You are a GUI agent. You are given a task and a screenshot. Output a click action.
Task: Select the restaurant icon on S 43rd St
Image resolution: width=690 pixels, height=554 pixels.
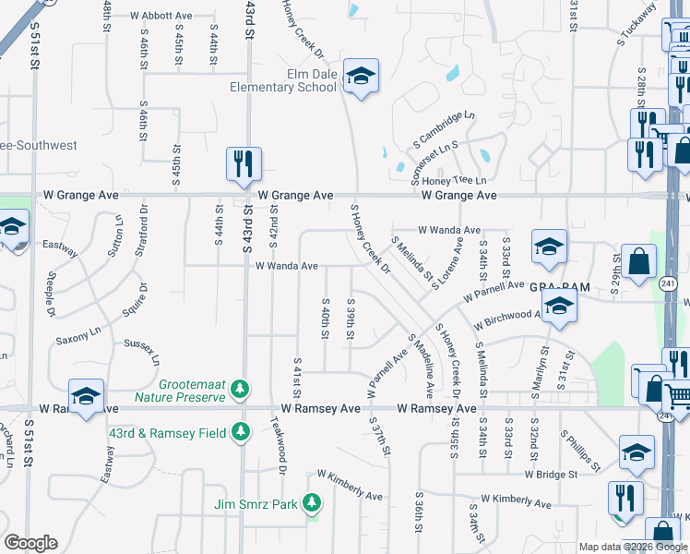(x=244, y=163)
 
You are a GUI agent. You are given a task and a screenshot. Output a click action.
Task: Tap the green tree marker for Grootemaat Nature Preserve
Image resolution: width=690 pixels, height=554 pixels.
(x=241, y=387)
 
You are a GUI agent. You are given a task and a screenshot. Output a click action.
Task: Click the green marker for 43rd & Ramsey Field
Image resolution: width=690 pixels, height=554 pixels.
(x=241, y=430)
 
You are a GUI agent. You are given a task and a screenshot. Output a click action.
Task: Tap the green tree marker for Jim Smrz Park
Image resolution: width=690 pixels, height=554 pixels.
(x=312, y=502)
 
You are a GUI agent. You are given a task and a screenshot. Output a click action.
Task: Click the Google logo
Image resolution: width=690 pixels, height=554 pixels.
(x=30, y=543)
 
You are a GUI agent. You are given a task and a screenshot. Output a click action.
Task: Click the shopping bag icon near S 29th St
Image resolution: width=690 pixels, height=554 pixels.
(x=638, y=261)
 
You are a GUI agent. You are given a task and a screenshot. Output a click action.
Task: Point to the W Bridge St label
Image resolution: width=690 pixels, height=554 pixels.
(x=552, y=475)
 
